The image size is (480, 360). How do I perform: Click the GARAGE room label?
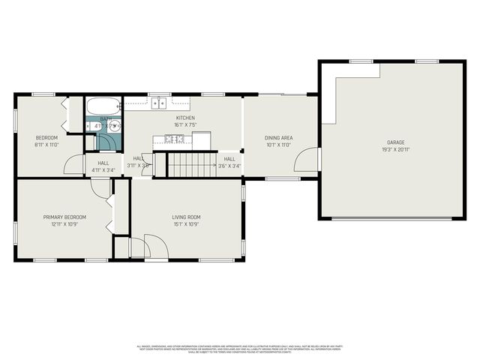point(395,142)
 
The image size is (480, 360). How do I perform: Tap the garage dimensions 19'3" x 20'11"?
point(395,149)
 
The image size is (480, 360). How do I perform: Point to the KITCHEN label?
point(185,118)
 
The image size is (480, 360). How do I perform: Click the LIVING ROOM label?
point(187,217)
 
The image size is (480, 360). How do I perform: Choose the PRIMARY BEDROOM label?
point(64,217)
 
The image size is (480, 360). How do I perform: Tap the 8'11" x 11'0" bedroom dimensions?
point(46,145)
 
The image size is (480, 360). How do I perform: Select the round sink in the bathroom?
point(115,127)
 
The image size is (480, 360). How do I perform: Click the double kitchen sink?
point(158,105)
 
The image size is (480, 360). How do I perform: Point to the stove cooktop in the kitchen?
point(174,139)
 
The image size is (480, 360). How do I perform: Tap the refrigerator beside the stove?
point(202,139)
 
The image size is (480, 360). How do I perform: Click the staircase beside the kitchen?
point(190,163)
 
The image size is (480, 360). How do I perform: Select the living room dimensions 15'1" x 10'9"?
point(187,224)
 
